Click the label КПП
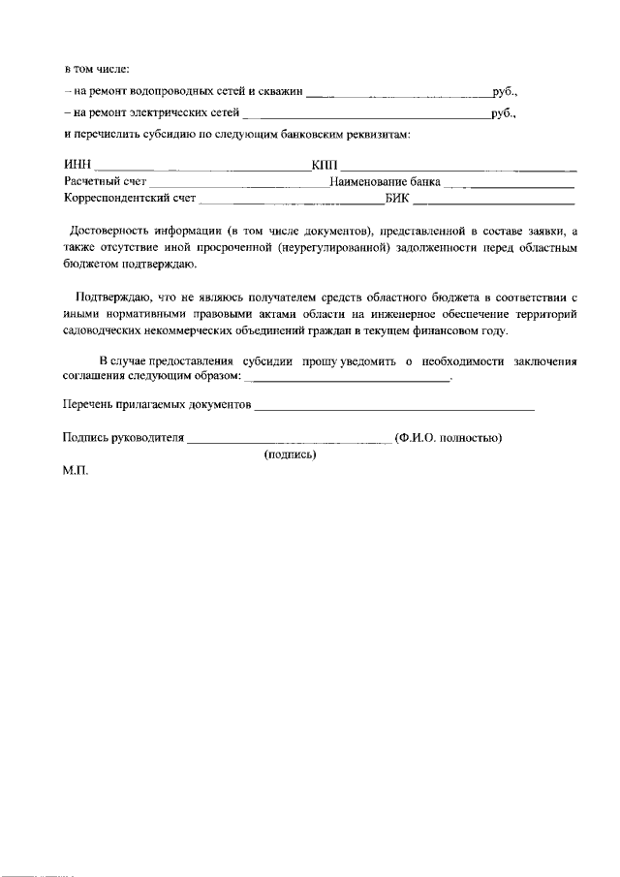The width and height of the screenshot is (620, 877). [x=325, y=164]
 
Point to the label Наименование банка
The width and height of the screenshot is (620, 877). [x=385, y=181]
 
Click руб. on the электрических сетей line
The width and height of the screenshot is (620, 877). [x=505, y=113]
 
